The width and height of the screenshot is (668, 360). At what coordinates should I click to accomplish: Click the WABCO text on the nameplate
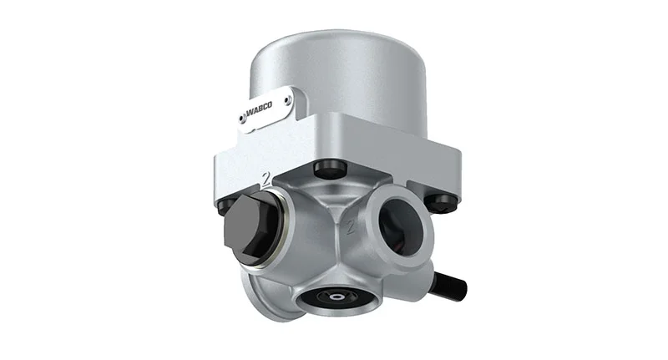(x=259, y=109)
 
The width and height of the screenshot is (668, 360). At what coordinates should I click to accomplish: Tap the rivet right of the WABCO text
(x=289, y=101)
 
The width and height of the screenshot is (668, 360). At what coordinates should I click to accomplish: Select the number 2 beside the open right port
(x=350, y=226)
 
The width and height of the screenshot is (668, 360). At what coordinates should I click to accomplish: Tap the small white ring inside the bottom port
(x=338, y=297)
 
